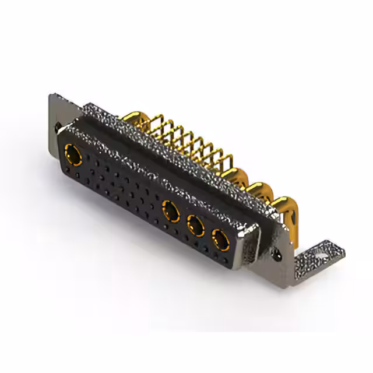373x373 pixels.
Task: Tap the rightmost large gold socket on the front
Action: [220, 238]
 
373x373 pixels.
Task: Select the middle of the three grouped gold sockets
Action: [196, 224]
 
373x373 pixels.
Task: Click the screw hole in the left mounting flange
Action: [58, 125]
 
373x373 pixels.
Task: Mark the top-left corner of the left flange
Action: [52, 93]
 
